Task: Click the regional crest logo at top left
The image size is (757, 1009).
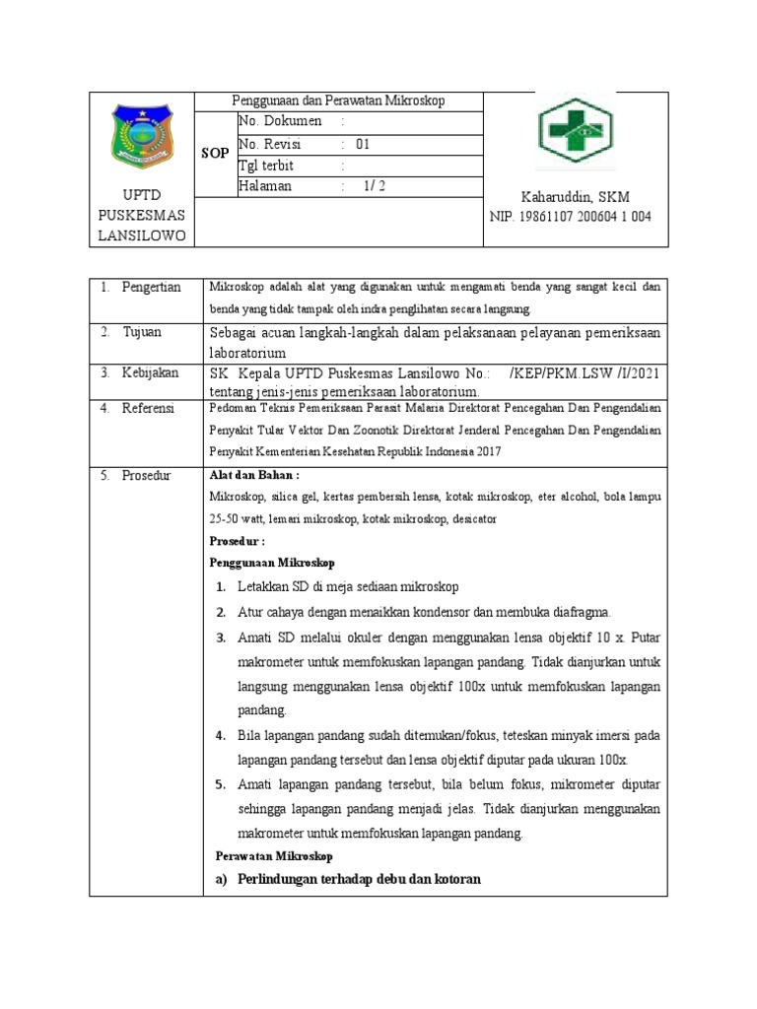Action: (x=145, y=137)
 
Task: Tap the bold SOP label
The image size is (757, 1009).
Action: (x=215, y=154)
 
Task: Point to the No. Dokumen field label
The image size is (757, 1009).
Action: (x=280, y=121)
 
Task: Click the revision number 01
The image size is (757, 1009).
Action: (x=363, y=143)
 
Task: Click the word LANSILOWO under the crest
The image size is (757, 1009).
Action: (x=145, y=235)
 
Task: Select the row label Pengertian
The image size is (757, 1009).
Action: (x=151, y=287)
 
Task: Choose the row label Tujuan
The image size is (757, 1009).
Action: (x=142, y=332)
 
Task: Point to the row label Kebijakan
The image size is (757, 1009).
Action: (x=150, y=372)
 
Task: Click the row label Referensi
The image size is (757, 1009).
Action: (x=149, y=407)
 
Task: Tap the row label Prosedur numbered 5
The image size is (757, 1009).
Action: (x=147, y=475)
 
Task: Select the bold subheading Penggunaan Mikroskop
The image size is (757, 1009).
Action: (x=272, y=563)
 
